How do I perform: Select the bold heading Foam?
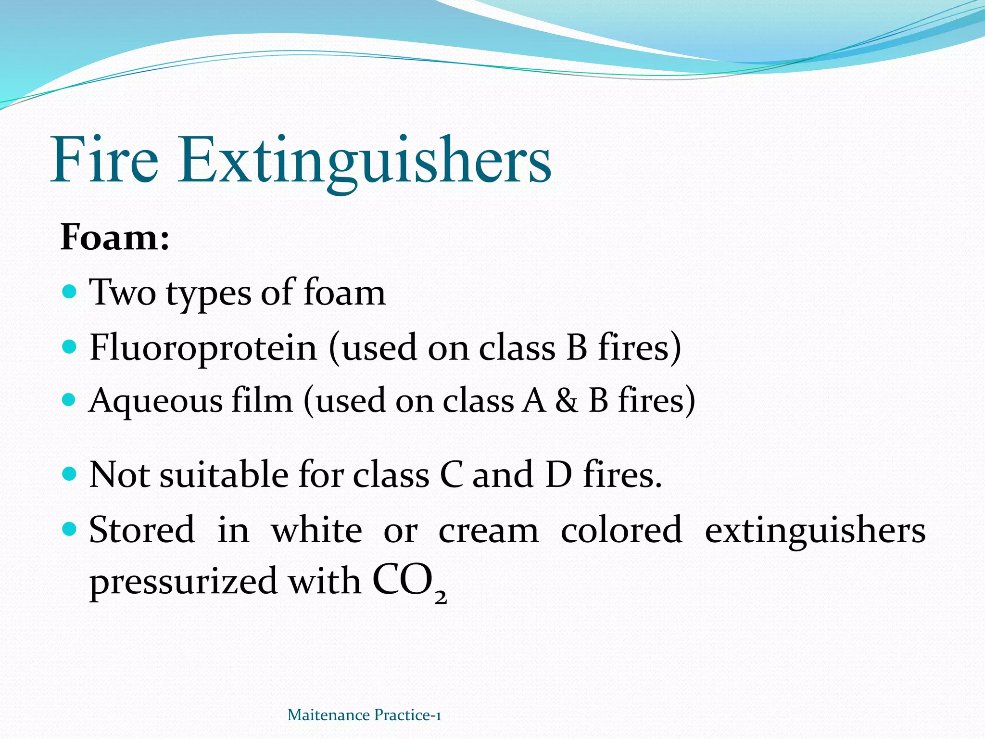click(x=115, y=237)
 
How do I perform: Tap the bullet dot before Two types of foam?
click(x=70, y=292)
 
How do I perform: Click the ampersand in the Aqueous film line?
click(x=567, y=401)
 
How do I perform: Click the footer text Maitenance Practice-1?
click(x=364, y=715)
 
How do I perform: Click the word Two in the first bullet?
click(x=123, y=293)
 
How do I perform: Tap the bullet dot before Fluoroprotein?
click(x=70, y=346)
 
